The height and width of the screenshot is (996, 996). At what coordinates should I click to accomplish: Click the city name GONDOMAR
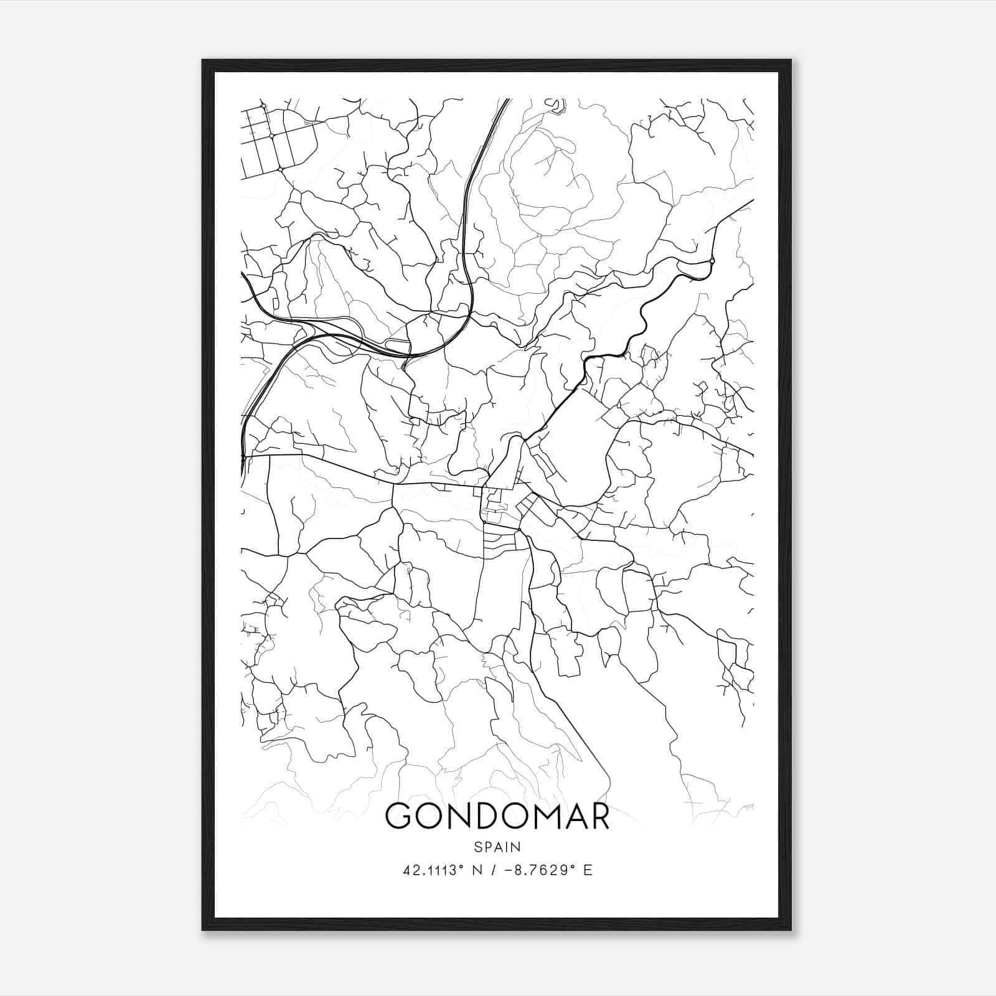[497, 816]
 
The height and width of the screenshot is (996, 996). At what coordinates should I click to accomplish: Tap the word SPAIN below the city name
[497, 847]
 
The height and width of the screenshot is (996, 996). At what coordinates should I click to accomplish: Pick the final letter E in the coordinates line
[588, 870]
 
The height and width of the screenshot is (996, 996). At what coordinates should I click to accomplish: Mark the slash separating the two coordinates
[493, 870]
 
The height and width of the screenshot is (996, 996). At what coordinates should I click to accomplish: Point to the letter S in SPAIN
[477, 847]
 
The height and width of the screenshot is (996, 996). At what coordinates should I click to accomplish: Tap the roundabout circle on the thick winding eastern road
[712, 260]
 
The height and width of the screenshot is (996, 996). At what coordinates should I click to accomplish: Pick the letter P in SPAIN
[487, 847]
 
